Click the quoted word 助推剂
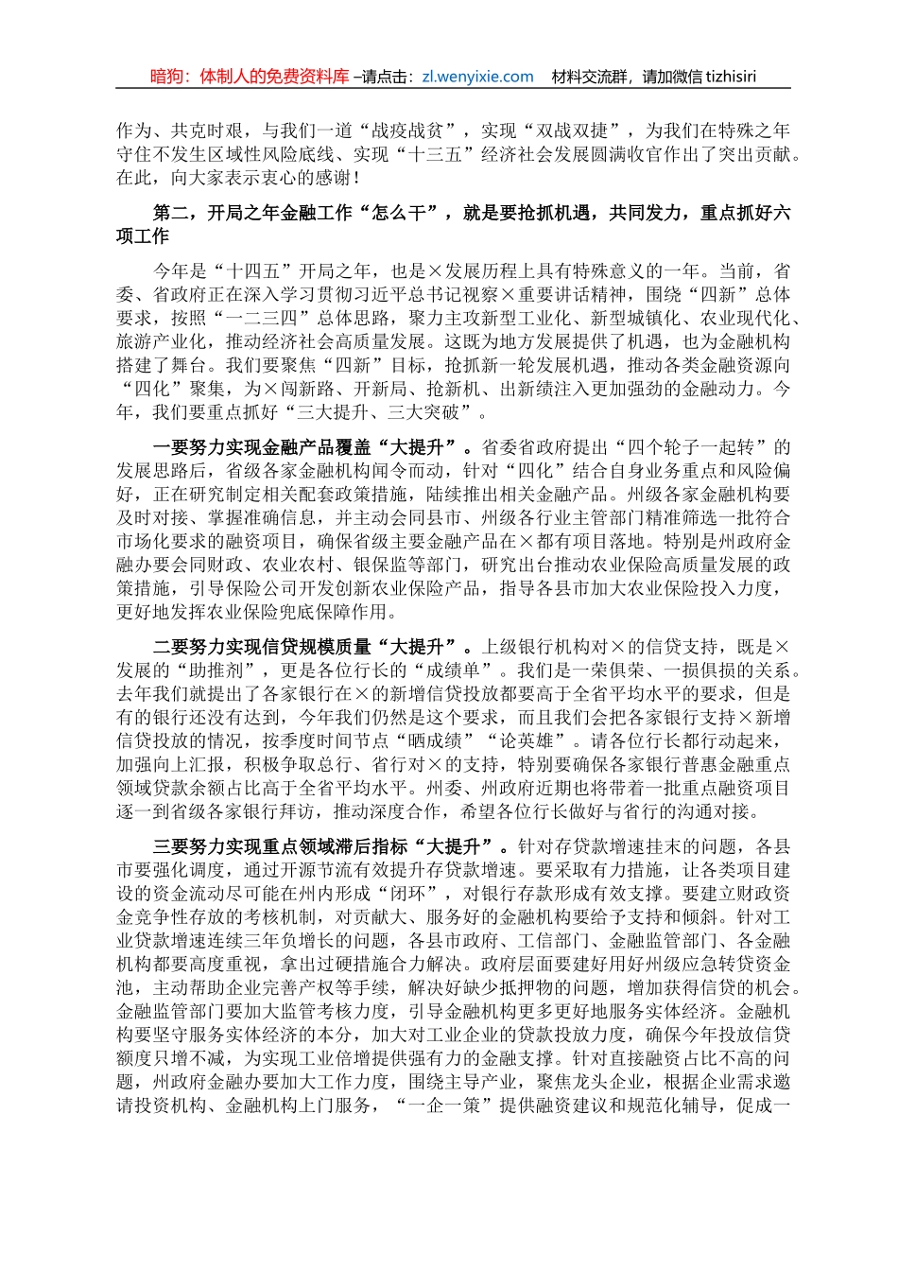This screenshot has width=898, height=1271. (230, 670)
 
